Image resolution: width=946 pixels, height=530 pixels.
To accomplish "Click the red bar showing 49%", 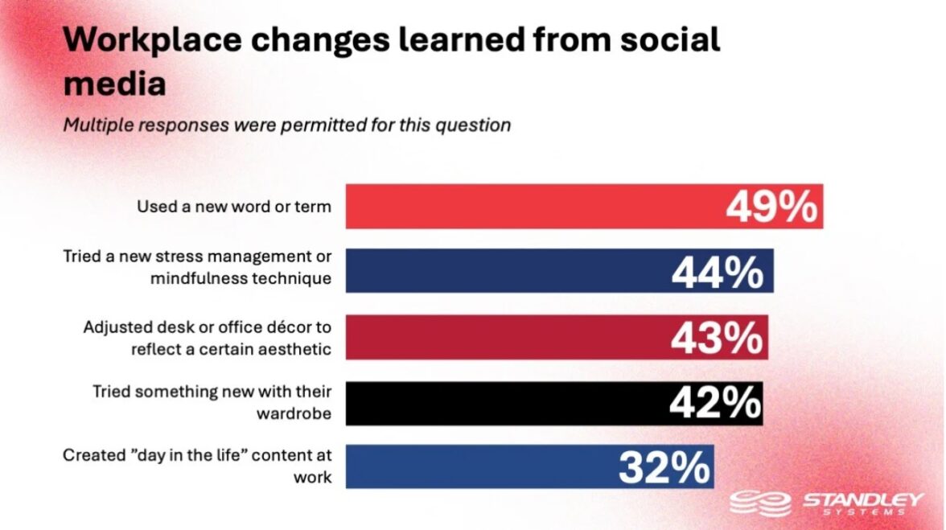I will coord(531,207).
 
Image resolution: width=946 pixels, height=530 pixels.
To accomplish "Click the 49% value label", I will coord(771,207).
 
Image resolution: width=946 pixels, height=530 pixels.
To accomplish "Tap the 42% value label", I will coord(714,404).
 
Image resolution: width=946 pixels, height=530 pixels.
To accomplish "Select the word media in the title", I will coord(114,83).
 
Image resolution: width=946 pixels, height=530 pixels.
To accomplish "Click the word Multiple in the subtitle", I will coord(96,125).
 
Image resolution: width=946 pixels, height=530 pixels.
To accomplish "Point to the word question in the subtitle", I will coord(479,125).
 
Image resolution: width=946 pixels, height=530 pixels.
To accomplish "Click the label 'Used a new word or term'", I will coord(233,207).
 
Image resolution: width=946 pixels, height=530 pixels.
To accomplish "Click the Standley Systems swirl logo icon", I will coord(760,504).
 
